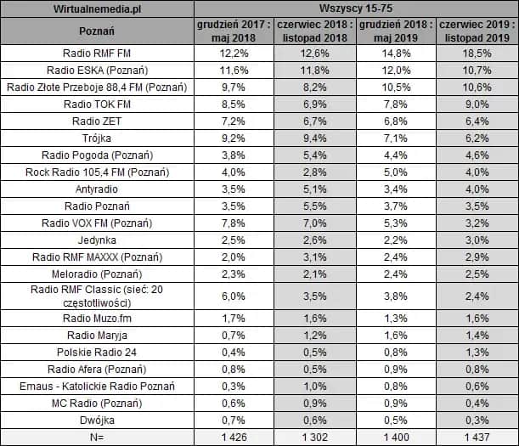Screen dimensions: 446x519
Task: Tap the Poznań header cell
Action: click(x=95, y=32)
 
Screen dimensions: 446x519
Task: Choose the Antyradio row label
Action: click(x=95, y=189)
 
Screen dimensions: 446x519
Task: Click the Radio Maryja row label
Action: click(x=95, y=336)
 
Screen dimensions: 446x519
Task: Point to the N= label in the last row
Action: click(x=95, y=436)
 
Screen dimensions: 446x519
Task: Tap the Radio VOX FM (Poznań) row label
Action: click(x=95, y=223)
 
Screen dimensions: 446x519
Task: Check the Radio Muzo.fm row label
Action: click(x=95, y=319)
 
